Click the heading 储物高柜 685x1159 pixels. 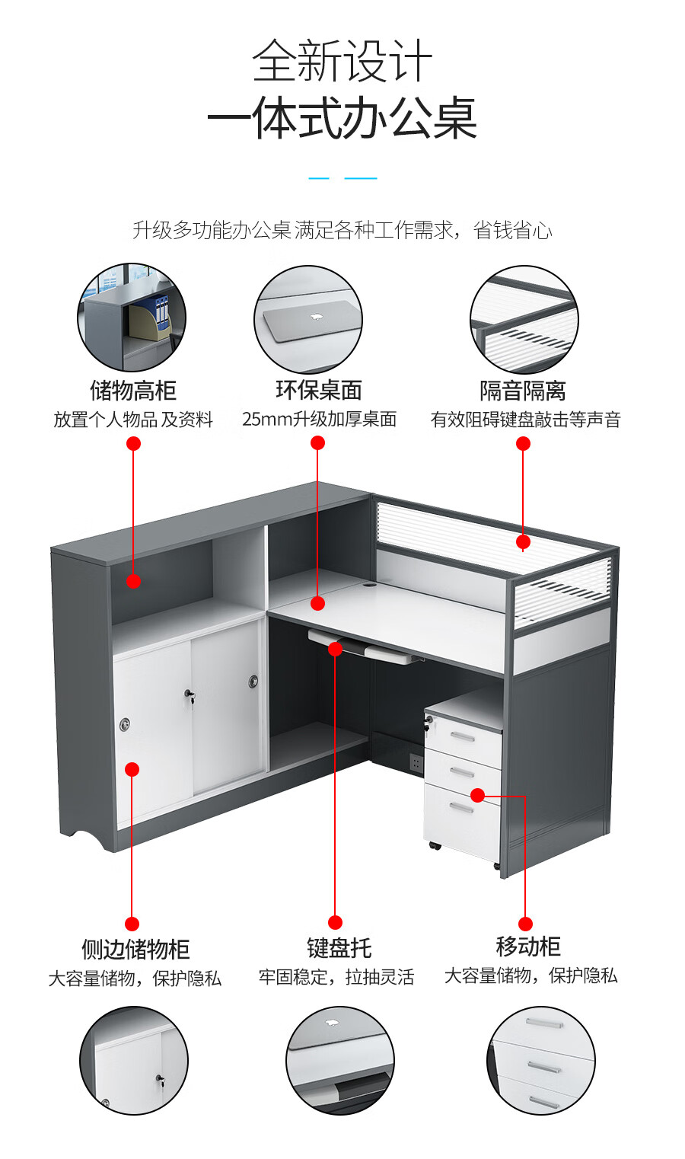[133, 391]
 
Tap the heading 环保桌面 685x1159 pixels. [318, 390]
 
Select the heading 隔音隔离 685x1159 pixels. [523, 391]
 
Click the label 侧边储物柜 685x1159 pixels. [135, 949]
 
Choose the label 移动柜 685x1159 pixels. [528, 947]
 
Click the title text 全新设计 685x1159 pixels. [342, 61]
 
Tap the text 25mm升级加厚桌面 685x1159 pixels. [319, 419]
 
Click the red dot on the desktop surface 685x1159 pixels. [317, 603]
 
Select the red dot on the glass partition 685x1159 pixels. [523, 541]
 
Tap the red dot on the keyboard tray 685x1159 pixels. [335, 648]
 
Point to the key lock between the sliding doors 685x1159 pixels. [190, 695]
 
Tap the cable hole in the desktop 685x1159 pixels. [368, 586]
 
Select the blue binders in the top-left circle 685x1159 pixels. [162, 311]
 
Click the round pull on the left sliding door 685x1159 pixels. [125, 725]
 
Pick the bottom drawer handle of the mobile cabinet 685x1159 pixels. [461, 807]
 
